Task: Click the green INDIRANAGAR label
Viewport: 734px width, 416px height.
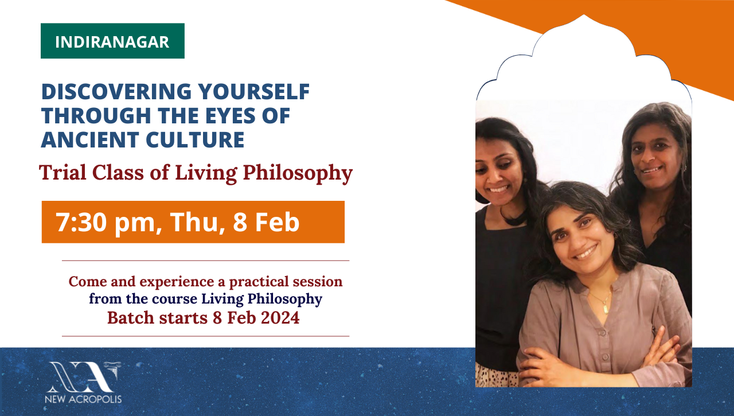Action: pyautogui.click(x=112, y=41)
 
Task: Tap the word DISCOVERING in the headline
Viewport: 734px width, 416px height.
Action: pyautogui.click(x=116, y=91)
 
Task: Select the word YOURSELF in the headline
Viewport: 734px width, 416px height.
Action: pyautogui.click(x=254, y=91)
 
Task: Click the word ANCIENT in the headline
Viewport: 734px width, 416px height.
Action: pyautogui.click(x=90, y=140)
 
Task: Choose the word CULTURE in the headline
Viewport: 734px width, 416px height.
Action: pyautogui.click(x=195, y=140)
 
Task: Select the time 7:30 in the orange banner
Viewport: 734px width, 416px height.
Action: pyautogui.click(x=81, y=222)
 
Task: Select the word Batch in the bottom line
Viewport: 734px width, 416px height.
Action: pyautogui.click(x=130, y=318)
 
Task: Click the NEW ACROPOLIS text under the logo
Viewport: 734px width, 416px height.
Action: pyautogui.click(x=83, y=399)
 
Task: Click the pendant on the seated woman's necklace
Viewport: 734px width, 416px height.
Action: pyautogui.click(x=606, y=309)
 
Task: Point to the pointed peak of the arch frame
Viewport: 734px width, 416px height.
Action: pyautogui.click(x=584, y=15)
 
